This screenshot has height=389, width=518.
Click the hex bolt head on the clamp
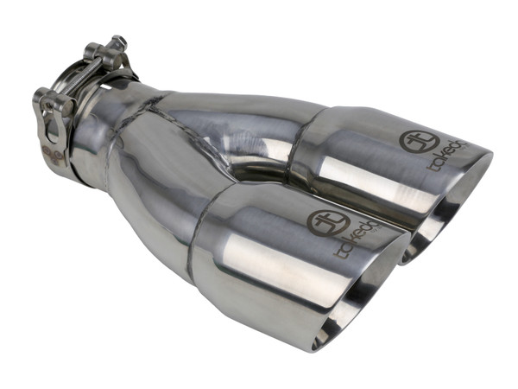[117, 43]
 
